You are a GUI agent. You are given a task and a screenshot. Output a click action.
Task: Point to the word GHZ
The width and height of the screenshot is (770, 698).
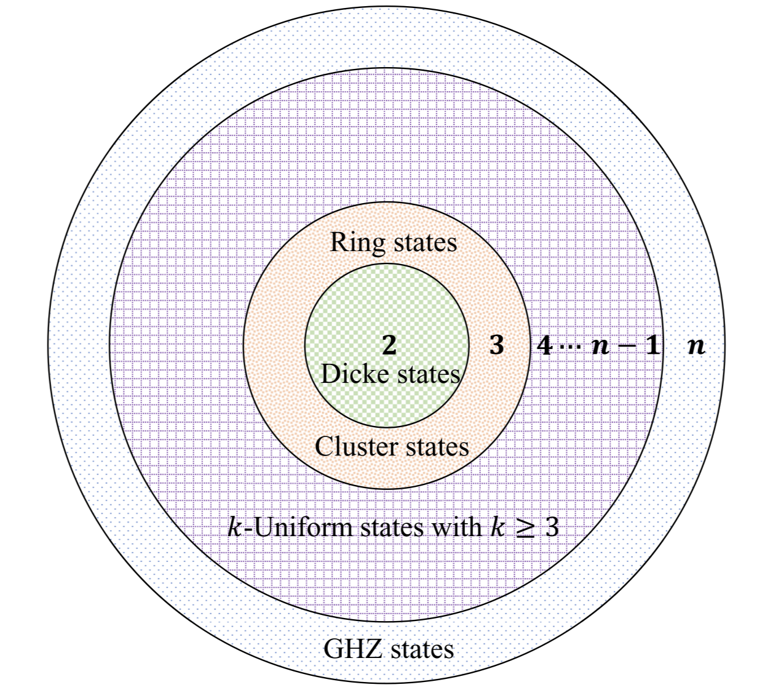click(348, 649)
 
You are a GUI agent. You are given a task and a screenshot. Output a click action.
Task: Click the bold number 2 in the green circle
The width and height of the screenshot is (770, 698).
click(389, 346)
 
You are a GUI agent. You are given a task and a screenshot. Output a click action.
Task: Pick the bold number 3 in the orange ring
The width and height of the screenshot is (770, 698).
click(496, 346)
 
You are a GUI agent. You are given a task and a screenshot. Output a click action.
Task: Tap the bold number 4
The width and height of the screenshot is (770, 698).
click(544, 346)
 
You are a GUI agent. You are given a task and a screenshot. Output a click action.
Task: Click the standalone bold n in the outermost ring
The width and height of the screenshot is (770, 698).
click(696, 346)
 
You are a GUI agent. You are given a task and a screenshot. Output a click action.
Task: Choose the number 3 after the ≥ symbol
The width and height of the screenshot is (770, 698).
click(552, 528)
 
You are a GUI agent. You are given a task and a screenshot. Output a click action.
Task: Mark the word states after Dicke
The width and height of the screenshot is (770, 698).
click(428, 374)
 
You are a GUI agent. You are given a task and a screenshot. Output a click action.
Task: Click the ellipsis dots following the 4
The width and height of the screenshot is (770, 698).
click(570, 347)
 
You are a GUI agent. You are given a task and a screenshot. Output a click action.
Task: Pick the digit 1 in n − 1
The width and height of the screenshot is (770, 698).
click(651, 346)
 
